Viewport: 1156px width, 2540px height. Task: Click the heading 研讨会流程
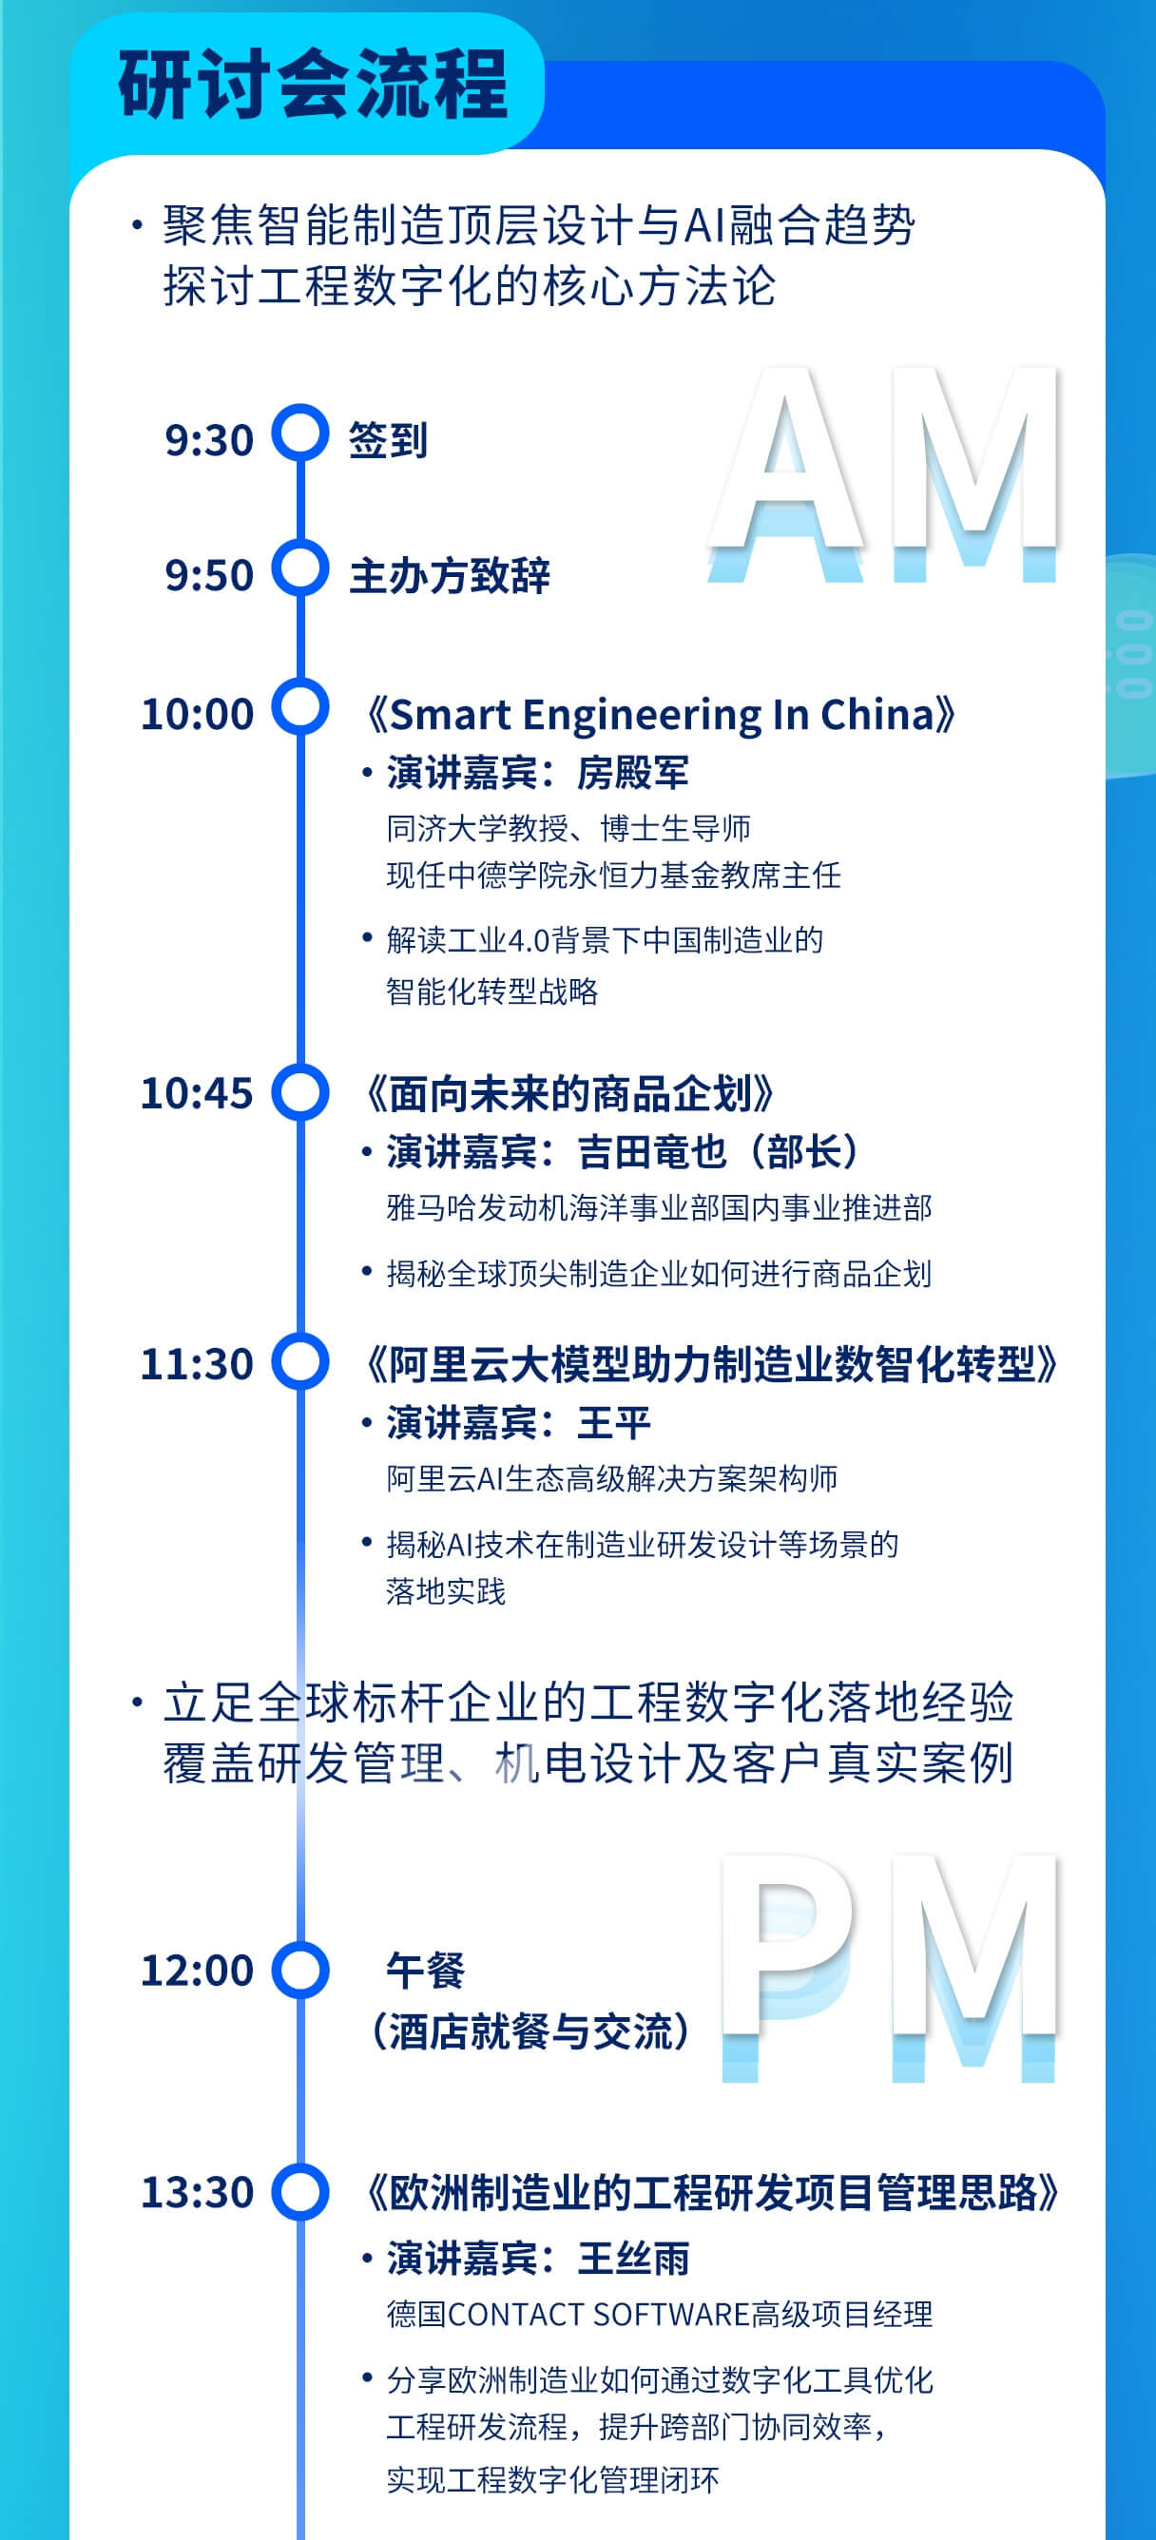tap(313, 85)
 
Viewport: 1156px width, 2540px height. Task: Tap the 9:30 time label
tap(209, 440)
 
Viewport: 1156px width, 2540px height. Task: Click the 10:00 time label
tap(198, 714)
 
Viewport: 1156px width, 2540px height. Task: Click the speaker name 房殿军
tap(632, 772)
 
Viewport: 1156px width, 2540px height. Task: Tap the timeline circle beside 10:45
tap(299, 1092)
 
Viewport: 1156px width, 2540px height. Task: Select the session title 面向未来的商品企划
tap(570, 1093)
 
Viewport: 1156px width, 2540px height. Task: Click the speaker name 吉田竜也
tap(651, 1152)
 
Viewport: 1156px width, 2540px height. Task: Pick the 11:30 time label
tap(198, 1364)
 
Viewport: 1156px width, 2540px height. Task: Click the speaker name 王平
tap(613, 1423)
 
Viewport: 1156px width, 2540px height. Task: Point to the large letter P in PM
tap(787, 1966)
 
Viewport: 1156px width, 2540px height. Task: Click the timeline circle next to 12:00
tap(299, 1970)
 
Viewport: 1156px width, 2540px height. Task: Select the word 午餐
tap(425, 1971)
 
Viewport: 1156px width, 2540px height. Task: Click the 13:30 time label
tap(198, 2192)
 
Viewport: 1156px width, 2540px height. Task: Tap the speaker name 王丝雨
tap(632, 2258)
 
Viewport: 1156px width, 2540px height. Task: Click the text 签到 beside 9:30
tap(389, 440)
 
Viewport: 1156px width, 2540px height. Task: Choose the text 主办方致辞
tap(450, 575)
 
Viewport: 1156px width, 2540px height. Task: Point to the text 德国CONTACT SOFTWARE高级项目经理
tap(659, 2314)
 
